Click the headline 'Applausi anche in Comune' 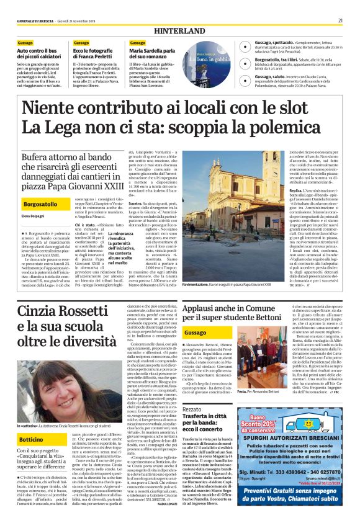pos(221,310)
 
